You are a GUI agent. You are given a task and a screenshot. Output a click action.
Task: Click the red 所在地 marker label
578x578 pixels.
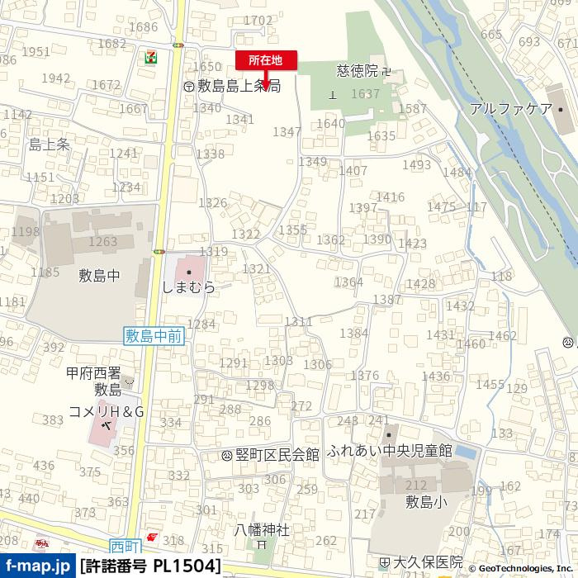[266, 59]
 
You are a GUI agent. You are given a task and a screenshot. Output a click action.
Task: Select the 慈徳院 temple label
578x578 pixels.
[358, 72]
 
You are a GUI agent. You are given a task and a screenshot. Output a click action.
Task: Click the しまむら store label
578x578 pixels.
[189, 287]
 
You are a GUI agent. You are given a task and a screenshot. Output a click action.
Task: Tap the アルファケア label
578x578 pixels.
[510, 108]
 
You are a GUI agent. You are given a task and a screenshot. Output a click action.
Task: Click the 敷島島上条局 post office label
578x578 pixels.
[239, 85]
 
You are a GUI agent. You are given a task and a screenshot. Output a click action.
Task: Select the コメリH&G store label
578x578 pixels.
[107, 410]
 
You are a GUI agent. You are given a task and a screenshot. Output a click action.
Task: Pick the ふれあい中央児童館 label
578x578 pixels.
[390, 451]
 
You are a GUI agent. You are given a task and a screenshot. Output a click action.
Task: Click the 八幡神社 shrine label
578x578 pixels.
[262, 529]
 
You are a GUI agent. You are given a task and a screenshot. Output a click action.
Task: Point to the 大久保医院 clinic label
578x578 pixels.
[427, 562]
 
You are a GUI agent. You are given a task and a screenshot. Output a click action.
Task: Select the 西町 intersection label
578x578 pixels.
[126, 546]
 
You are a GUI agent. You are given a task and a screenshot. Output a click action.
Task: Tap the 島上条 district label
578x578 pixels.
[50, 144]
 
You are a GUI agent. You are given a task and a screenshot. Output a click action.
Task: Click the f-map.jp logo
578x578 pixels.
[36, 566]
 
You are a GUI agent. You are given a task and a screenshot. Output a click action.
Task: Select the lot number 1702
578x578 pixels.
[258, 21]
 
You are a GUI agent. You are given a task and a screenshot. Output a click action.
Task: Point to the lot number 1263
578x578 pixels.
[103, 241]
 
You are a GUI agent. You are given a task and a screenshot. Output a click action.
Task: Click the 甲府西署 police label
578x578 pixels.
[94, 373]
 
